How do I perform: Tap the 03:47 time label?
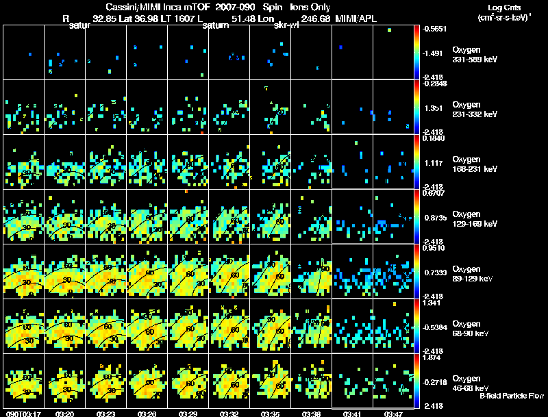pyautogui.click(x=394, y=414)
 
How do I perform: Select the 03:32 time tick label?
pyautogui.click(x=229, y=414)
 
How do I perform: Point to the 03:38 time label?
pyautogui.click(x=312, y=414)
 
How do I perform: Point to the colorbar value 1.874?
pyautogui.click(x=435, y=357)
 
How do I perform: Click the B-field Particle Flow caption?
pyautogui.click(x=511, y=396)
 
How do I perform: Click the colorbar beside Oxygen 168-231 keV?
pyautogui.click(x=416, y=162)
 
